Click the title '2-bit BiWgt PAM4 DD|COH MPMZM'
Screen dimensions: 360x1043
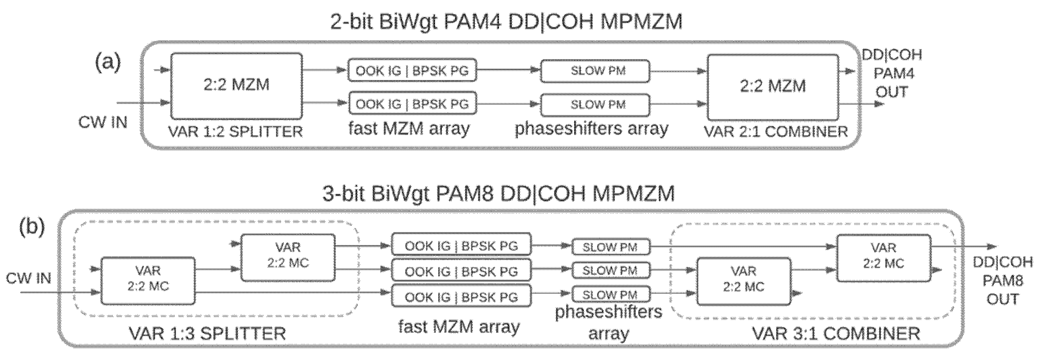[506, 22]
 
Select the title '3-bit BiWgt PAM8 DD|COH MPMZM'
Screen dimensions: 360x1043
[498, 193]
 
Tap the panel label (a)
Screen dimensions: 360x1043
[108, 62]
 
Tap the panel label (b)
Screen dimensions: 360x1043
[32, 226]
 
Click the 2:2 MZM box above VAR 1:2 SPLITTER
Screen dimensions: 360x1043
[237, 85]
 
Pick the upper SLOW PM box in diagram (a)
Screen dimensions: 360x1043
[595, 71]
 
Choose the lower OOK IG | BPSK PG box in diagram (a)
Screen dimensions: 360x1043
[412, 104]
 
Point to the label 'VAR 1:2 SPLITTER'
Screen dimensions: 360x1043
[235, 132]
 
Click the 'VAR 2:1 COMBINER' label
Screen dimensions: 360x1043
[776, 132]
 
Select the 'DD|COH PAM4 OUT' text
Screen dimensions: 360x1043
[892, 73]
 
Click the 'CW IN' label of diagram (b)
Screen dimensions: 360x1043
[28, 278]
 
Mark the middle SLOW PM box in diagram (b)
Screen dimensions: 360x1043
[611, 271]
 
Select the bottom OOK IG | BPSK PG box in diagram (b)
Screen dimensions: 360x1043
[461, 297]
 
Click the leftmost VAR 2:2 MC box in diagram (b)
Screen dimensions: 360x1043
[148, 280]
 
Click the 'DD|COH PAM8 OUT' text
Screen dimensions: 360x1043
[1003, 280]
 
